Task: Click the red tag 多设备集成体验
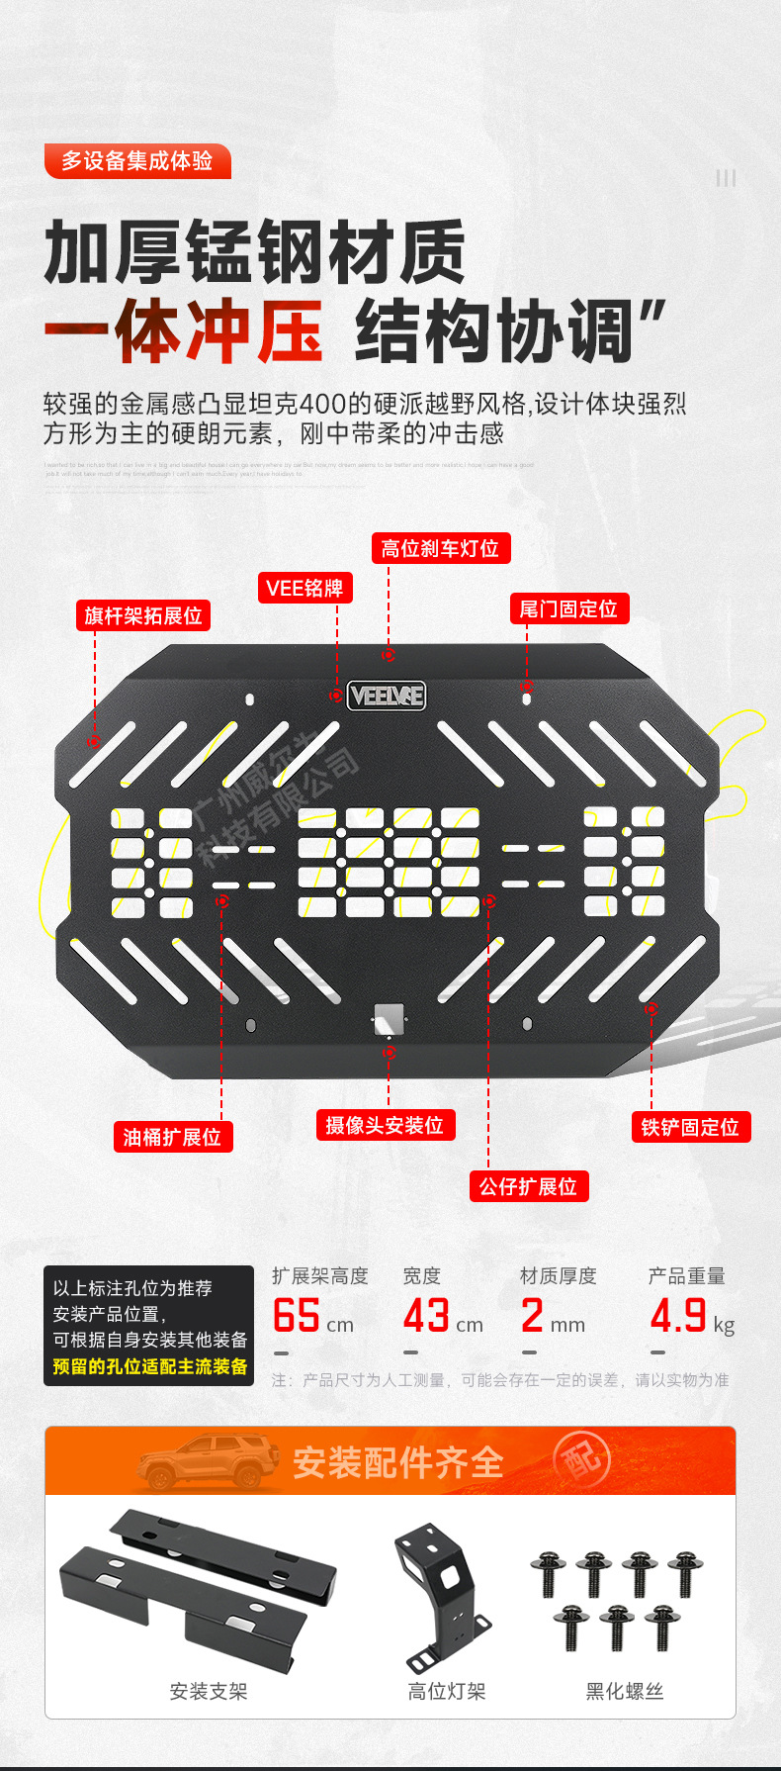[x=137, y=161]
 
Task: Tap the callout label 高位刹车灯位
[x=440, y=549]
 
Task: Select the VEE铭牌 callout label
[x=304, y=589]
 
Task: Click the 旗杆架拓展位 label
[x=143, y=615]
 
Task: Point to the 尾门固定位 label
[x=568, y=608]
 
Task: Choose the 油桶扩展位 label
[x=173, y=1137]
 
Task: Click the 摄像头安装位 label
[x=385, y=1125]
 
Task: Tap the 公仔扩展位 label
[x=528, y=1186]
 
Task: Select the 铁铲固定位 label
[x=690, y=1127]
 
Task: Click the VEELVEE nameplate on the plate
[x=387, y=696]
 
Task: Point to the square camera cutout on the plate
[x=389, y=1018]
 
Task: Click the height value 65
[x=297, y=1316]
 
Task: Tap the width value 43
[x=427, y=1316]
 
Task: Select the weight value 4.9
[x=678, y=1316]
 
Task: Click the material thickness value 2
[x=532, y=1316]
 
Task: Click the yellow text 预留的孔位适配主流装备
[x=150, y=1366]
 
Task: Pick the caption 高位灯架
[x=447, y=1691]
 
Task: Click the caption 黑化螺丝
[x=625, y=1691]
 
